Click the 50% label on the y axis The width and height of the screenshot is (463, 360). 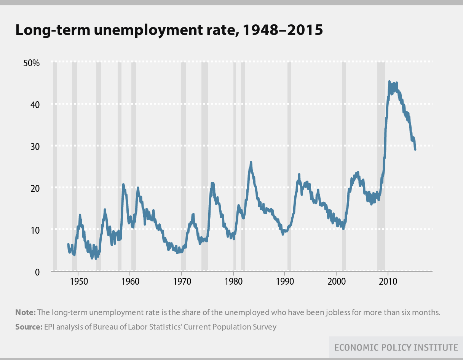pyautogui.click(x=32, y=63)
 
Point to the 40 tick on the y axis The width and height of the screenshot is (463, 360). pyautogui.click(x=34, y=105)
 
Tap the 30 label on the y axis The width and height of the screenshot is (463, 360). pyautogui.click(x=34, y=147)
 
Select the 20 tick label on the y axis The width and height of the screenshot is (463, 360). pyautogui.click(x=34, y=188)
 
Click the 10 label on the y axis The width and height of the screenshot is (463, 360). pyautogui.click(x=34, y=230)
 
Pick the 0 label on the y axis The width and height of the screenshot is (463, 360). pyautogui.click(x=37, y=272)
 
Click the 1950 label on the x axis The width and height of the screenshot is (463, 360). pyautogui.click(x=78, y=282)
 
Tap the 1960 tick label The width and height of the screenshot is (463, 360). pyautogui.click(x=130, y=282)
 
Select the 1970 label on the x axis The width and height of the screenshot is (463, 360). pyautogui.click(x=181, y=282)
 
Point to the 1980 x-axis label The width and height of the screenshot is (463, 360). pyautogui.click(x=233, y=282)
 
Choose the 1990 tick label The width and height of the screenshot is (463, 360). pyautogui.click(x=284, y=282)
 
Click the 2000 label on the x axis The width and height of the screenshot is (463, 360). pyautogui.click(x=336, y=282)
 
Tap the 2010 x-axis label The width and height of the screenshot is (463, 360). pyautogui.click(x=388, y=282)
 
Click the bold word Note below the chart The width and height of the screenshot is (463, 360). pyautogui.click(x=25, y=313)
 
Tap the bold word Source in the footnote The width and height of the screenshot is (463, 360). pyautogui.click(x=28, y=327)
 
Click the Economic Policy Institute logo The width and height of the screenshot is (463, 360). pyautogui.click(x=396, y=347)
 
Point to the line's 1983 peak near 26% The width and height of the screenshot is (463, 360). pyautogui.click(x=251, y=162)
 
